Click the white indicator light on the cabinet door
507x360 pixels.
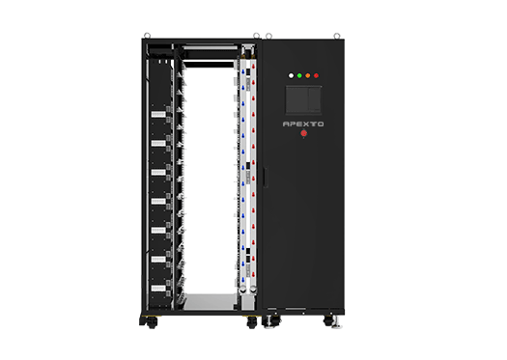[291, 73]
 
